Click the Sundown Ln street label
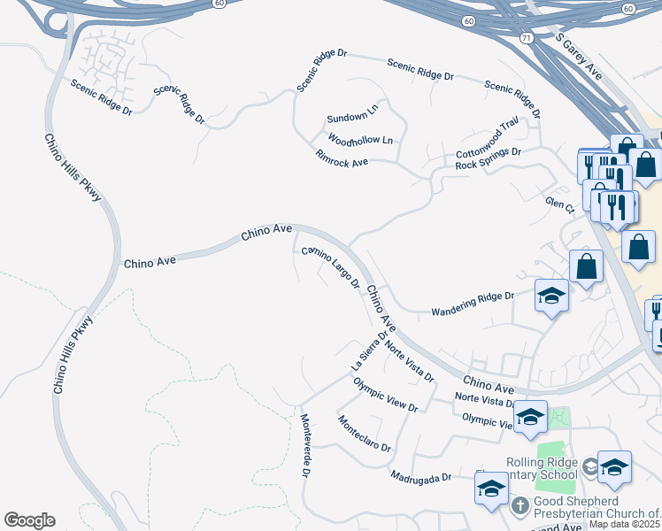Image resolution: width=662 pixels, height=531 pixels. [352, 118]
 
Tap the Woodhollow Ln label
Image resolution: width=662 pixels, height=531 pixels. [359, 140]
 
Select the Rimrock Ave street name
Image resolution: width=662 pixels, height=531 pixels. [342, 158]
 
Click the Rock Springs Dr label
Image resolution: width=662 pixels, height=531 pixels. [482, 158]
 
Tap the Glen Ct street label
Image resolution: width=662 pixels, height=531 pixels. [560, 205]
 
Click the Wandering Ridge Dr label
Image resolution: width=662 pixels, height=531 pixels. [472, 304]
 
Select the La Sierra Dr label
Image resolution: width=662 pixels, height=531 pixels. [369, 352]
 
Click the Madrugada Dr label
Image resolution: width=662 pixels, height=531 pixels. [422, 475]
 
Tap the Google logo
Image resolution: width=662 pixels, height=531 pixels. [29, 520]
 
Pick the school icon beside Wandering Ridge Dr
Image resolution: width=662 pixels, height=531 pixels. [551, 296]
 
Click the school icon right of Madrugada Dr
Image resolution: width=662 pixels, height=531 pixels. [491, 489]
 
